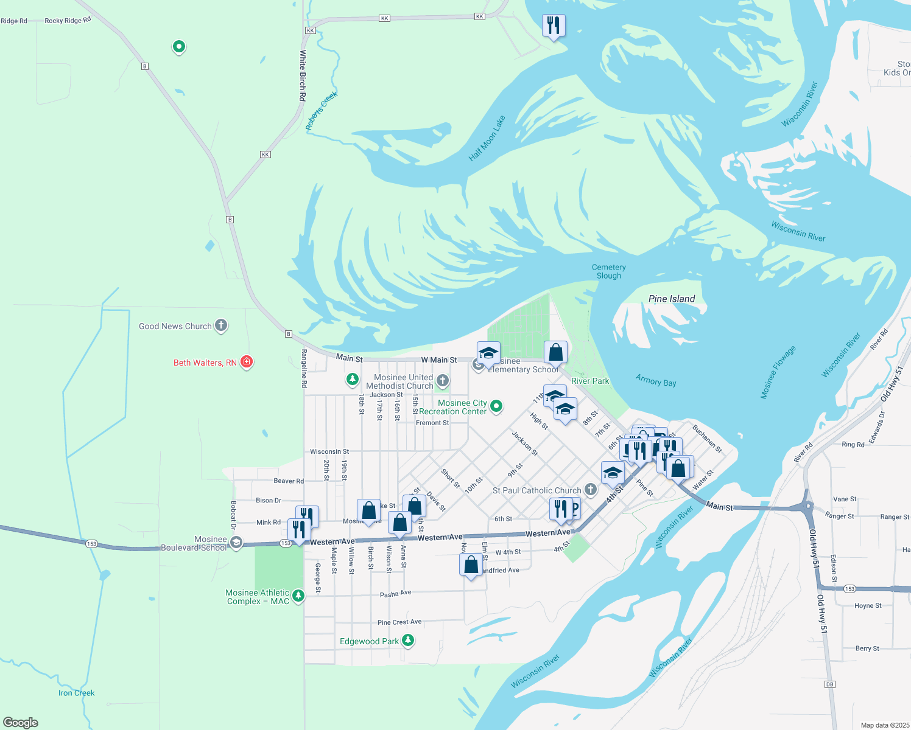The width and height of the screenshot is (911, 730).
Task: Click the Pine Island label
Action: pyautogui.click(x=672, y=299)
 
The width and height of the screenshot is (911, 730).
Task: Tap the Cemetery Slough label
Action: pyautogui.click(x=609, y=271)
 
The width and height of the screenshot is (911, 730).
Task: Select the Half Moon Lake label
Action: pyautogui.click(x=487, y=139)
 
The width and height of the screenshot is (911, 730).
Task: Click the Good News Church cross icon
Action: pyautogui.click(x=221, y=325)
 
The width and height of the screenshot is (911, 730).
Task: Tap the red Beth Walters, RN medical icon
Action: pyautogui.click(x=247, y=362)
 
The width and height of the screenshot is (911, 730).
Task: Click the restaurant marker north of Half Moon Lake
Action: pyautogui.click(x=554, y=26)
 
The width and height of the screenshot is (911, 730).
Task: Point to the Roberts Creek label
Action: pyautogui.click(x=321, y=111)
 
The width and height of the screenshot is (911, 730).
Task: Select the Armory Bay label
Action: pyautogui.click(x=656, y=380)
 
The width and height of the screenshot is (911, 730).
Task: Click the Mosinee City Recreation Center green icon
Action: pyautogui.click(x=496, y=406)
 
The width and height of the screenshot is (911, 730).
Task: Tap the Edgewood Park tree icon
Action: pyautogui.click(x=409, y=640)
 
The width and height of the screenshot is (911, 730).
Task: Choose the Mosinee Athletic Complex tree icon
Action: pyautogui.click(x=298, y=596)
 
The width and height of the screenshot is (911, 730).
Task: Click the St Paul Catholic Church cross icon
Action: pyautogui.click(x=590, y=489)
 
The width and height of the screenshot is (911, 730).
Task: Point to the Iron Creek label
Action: pyautogui.click(x=76, y=693)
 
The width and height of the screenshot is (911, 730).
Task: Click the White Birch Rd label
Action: pyautogui.click(x=303, y=75)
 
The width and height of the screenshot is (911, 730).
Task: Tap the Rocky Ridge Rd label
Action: pyautogui.click(x=68, y=20)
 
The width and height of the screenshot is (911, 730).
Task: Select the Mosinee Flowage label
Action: pyautogui.click(x=778, y=372)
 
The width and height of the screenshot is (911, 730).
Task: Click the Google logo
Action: pyautogui.click(x=21, y=722)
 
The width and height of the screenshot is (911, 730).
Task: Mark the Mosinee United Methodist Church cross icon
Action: pyautogui.click(x=443, y=381)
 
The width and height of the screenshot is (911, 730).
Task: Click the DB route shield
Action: pyautogui.click(x=829, y=684)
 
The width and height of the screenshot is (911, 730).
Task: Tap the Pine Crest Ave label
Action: pyautogui.click(x=399, y=622)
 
